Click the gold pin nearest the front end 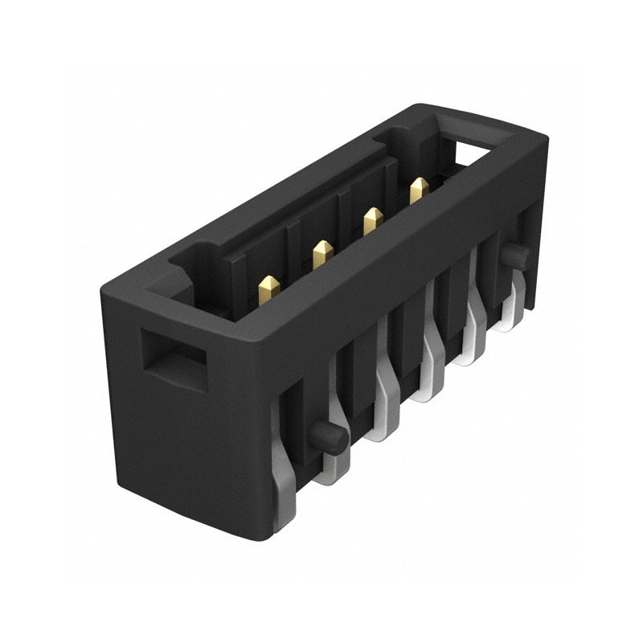pos(269,288)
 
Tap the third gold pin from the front pos(372,220)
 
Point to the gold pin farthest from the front pos(419,190)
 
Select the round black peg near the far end pos(515,256)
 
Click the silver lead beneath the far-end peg pos(512,309)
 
